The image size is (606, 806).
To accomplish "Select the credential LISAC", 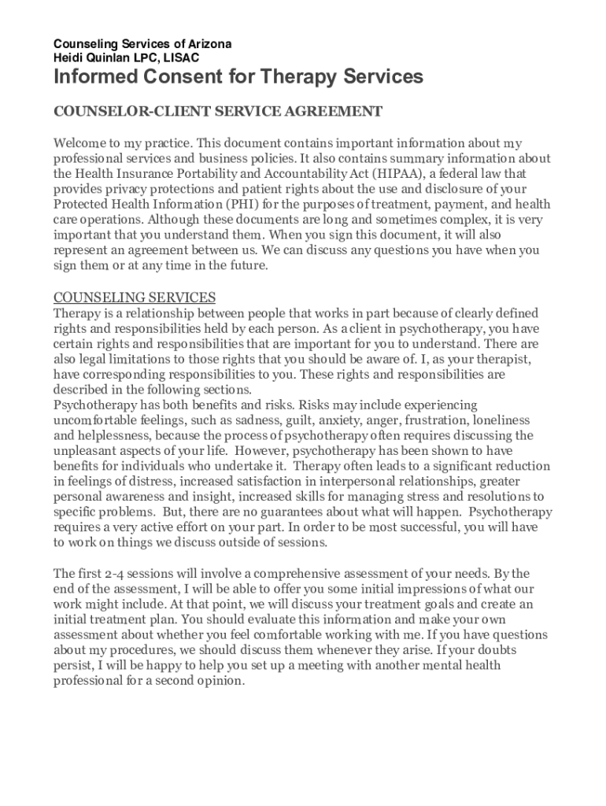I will pos(182,57).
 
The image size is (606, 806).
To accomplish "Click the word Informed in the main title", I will pos(97,77).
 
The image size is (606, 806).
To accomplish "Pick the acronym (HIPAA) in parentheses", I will pos(392,173).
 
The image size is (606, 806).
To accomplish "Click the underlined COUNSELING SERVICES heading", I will pos(134,298).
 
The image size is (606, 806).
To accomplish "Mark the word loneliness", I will pos(502,420).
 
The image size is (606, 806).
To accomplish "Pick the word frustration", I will pos(442,420).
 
